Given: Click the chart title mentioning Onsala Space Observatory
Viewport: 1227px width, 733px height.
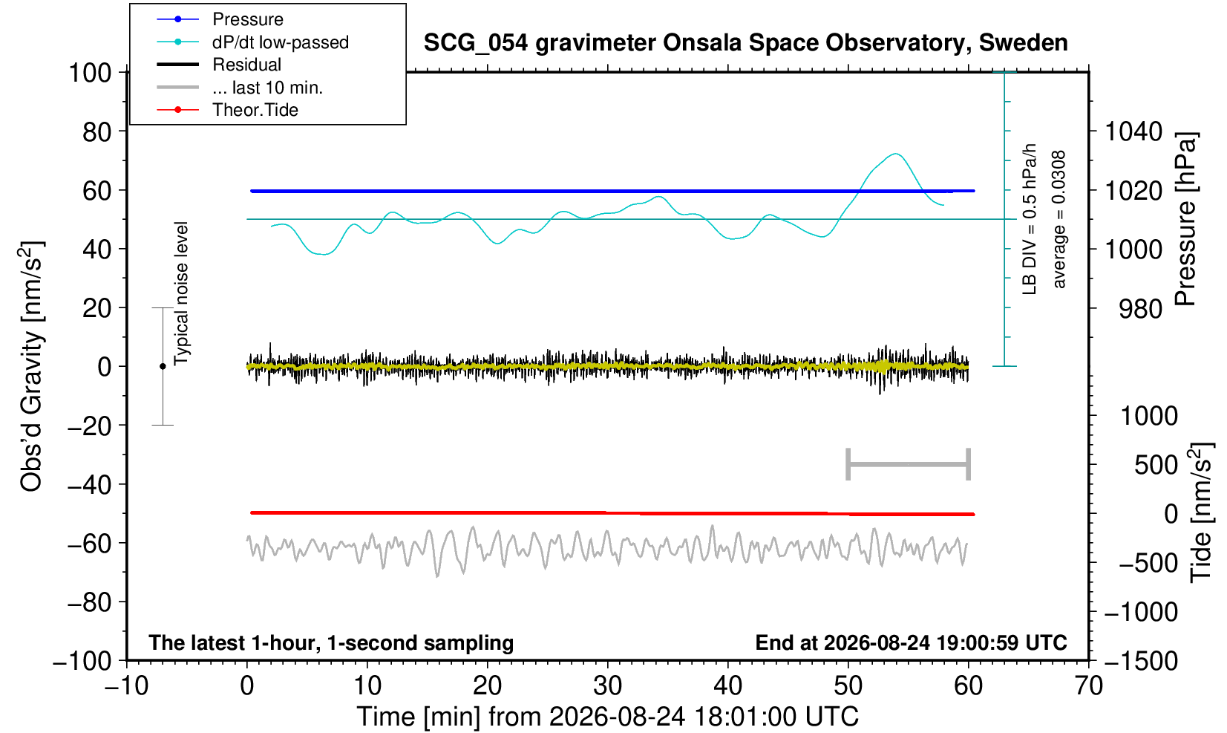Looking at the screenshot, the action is [x=745, y=42].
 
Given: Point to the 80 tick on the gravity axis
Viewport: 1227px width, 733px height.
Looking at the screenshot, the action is [x=97, y=131].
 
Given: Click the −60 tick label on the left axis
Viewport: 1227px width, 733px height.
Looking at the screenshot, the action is [x=89, y=544].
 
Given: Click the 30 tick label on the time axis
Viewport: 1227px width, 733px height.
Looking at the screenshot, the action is [x=607, y=686].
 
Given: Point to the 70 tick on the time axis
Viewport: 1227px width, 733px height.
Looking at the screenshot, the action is [x=1088, y=686].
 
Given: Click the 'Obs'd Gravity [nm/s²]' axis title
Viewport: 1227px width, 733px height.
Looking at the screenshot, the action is [x=31, y=367].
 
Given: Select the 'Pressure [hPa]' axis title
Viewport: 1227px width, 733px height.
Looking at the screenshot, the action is [x=1186, y=219].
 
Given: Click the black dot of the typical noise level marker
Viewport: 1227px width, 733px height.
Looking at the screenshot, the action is [x=163, y=366].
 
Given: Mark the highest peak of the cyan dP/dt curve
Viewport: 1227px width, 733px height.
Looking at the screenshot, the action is [x=896, y=154].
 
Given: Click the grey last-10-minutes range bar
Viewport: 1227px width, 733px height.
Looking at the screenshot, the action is [x=909, y=464].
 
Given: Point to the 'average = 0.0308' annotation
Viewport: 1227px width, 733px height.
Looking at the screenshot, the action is [x=1059, y=219].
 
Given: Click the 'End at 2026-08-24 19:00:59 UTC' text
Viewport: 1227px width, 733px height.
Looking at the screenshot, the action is [x=911, y=642].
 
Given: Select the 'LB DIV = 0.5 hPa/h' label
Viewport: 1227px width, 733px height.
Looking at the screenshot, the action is [x=1030, y=219].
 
